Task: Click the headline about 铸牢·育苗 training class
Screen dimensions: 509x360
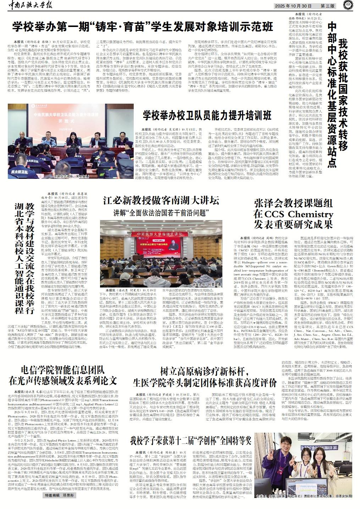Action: [x=143, y=26]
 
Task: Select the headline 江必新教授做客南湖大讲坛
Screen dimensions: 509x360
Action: [x=161, y=201]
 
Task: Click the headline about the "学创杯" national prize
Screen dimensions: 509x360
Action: [x=191, y=442]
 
